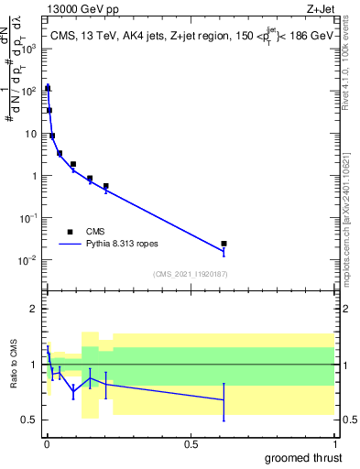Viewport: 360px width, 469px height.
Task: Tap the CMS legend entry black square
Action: pyautogui.click(x=70, y=232)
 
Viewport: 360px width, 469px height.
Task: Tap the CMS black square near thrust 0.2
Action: pyautogui.click(x=106, y=186)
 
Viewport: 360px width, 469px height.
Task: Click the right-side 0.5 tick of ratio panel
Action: pyautogui.click(x=346, y=420)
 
